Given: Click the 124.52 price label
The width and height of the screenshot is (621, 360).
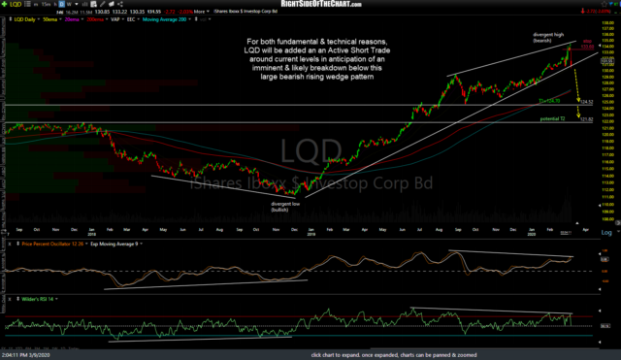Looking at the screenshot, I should [x=586, y=101].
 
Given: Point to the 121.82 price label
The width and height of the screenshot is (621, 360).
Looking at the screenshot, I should [x=586, y=119].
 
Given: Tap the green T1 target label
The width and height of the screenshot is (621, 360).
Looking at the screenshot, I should [x=549, y=99].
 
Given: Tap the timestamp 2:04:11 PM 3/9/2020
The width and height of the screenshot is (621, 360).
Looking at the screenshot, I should [x=29, y=355].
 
